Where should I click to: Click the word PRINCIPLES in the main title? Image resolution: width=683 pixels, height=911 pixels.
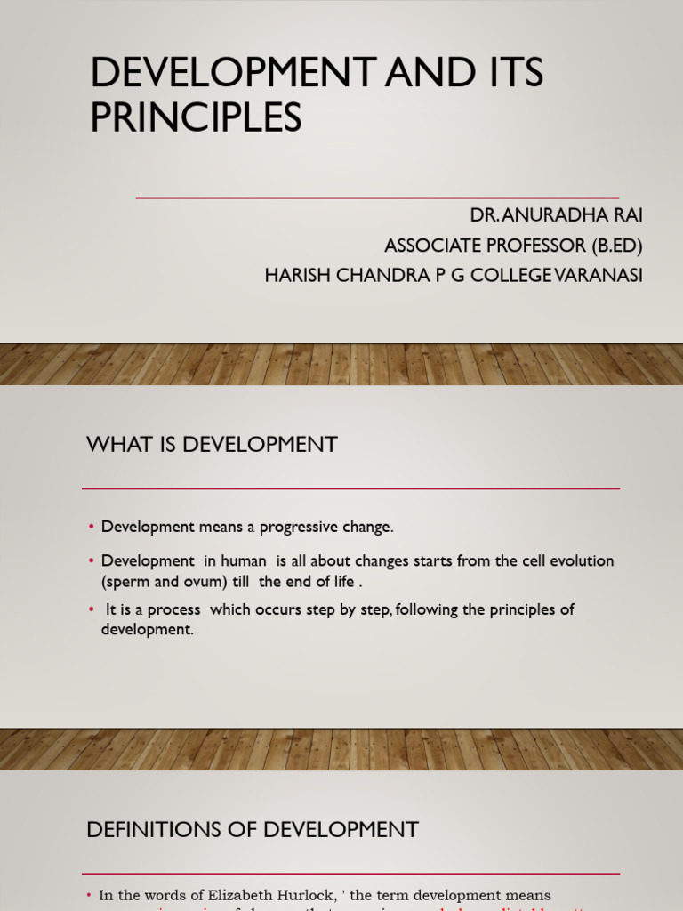[196, 117]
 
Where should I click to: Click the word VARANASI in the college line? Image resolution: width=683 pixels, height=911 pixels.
[598, 276]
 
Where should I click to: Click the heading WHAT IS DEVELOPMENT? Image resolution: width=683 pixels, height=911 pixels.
[212, 445]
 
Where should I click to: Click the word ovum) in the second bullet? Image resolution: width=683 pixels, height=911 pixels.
[205, 582]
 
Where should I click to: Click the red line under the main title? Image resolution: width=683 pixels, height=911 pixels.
[377, 198]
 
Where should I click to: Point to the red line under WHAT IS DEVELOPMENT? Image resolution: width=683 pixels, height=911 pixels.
[350, 488]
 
